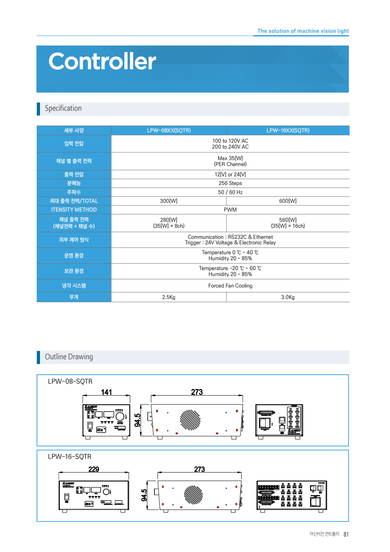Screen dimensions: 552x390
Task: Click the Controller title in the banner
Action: click(x=102, y=62)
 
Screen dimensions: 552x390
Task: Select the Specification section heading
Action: click(x=63, y=108)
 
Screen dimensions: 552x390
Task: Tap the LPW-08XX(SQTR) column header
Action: click(x=169, y=131)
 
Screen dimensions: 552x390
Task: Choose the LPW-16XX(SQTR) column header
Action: click(x=288, y=131)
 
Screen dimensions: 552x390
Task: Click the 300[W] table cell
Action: click(x=169, y=201)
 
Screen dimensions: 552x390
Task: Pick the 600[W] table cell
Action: click(x=288, y=201)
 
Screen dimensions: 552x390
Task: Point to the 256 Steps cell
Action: click(x=230, y=183)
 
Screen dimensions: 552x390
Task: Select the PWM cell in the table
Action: click(x=230, y=210)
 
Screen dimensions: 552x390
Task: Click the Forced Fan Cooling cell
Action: click(x=230, y=286)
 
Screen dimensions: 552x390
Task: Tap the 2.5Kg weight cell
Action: click(x=169, y=297)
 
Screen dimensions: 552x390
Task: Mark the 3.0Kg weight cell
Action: click(x=288, y=297)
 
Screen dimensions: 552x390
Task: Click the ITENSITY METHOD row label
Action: click(x=74, y=210)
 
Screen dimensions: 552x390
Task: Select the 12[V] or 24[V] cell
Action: click(x=230, y=175)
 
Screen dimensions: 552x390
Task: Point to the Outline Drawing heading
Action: click(x=69, y=357)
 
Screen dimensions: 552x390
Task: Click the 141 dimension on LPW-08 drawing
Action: click(x=107, y=392)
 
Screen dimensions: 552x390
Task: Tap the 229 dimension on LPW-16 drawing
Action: click(x=94, y=469)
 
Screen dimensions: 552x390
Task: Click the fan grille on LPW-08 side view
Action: click(x=190, y=420)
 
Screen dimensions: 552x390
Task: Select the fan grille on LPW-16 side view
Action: click(x=193, y=495)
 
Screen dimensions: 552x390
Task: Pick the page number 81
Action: click(x=346, y=535)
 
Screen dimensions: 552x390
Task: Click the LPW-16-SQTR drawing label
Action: click(x=70, y=457)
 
